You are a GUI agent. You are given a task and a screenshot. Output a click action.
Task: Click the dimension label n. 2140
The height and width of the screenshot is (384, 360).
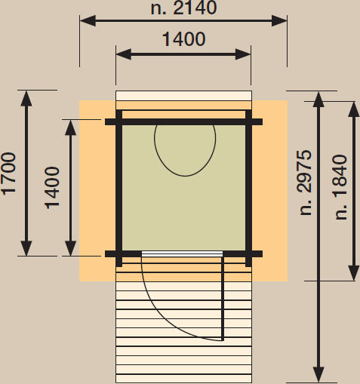[x=183, y=8]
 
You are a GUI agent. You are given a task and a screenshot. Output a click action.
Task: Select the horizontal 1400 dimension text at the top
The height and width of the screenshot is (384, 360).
[x=183, y=39]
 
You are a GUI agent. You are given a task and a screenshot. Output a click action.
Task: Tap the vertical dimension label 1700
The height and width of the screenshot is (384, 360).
[x=9, y=174]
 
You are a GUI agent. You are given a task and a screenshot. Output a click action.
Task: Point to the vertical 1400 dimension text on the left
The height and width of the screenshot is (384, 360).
[x=52, y=188]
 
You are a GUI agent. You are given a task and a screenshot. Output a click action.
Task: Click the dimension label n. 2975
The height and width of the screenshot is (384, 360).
[x=306, y=183]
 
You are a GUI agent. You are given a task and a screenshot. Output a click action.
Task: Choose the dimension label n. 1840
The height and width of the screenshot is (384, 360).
[x=341, y=187]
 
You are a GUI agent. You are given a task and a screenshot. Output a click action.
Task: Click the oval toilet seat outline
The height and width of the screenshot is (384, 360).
[x=185, y=150]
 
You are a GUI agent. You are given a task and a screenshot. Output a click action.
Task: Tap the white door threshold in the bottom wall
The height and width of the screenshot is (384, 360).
[x=182, y=253]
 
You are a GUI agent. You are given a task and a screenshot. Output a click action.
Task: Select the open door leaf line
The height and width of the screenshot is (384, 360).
[x=223, y=298]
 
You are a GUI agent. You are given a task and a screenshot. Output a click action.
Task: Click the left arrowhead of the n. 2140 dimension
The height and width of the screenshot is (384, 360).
[x=88, y=20]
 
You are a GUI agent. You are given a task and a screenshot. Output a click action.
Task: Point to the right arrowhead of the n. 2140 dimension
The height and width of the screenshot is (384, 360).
[x=279, y=20]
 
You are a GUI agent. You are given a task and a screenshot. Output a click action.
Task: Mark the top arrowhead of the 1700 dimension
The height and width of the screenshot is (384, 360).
[x=26, y=98]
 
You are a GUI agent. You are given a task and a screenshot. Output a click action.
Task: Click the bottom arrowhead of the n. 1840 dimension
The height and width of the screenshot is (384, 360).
[x=354, y=273]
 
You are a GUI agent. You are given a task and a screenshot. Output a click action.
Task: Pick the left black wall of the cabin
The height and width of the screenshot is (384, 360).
[x=118, y=188]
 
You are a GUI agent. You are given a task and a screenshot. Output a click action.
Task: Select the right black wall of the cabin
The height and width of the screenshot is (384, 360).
[x=248, y=188]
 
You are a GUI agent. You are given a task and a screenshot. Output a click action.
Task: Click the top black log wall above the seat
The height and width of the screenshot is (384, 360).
[x=183, y=122]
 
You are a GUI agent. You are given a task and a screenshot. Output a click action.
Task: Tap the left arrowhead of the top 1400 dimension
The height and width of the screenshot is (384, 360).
[x=124, y=54]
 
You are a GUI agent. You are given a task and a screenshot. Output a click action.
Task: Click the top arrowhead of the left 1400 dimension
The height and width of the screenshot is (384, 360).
[x=71, y=127]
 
